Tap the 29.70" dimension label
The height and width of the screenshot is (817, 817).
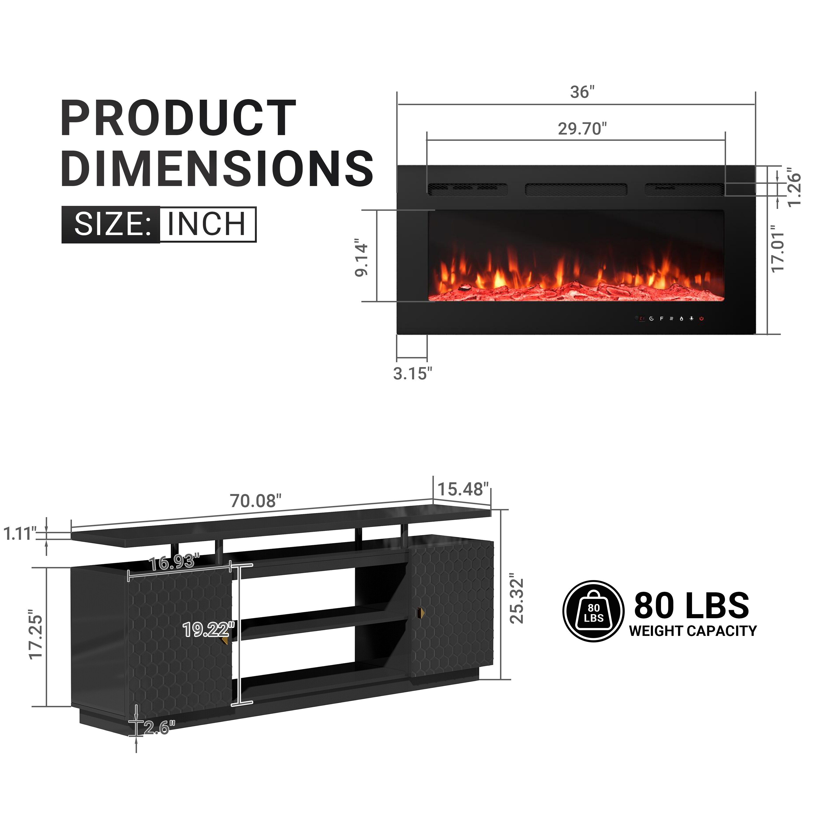coord(582,129)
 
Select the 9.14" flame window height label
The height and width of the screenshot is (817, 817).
coord(362,259)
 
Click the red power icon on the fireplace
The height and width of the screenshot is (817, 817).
coord(702,318)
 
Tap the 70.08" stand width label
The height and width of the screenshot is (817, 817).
coord(255,501)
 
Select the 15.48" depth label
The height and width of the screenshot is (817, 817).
coord(463,489)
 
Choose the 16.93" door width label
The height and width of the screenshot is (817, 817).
coord(174,562)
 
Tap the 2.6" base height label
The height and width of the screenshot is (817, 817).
coord(159,728)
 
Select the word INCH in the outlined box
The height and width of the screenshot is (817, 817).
coord(207,224)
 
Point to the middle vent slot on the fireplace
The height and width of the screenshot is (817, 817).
coord(575,190)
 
